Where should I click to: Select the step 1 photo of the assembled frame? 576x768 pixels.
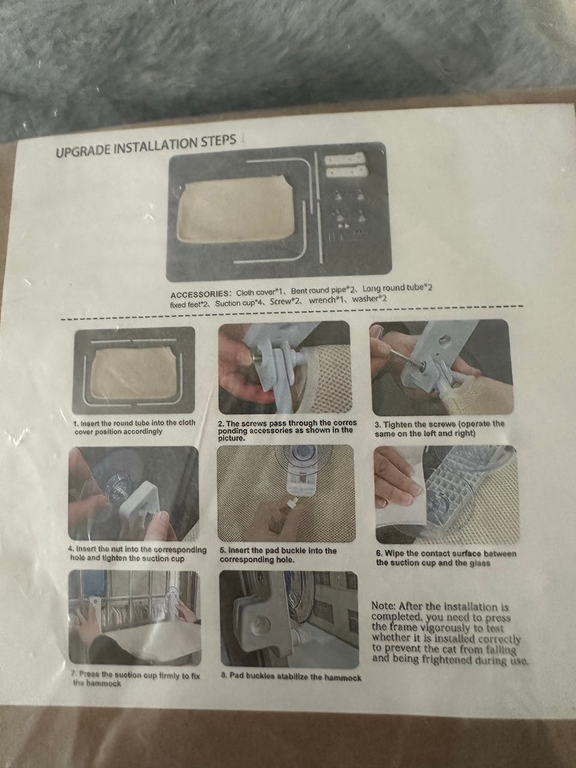133,370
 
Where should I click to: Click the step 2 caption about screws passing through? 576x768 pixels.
287,430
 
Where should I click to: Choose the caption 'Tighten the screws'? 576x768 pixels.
440,429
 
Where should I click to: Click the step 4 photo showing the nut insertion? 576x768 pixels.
133,493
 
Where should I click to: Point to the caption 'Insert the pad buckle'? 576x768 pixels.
278,555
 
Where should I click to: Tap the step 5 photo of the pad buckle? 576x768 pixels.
286,494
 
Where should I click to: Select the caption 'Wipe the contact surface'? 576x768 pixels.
446,558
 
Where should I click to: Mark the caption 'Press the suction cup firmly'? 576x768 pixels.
136,679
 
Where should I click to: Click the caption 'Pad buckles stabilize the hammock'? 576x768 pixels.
291,678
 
